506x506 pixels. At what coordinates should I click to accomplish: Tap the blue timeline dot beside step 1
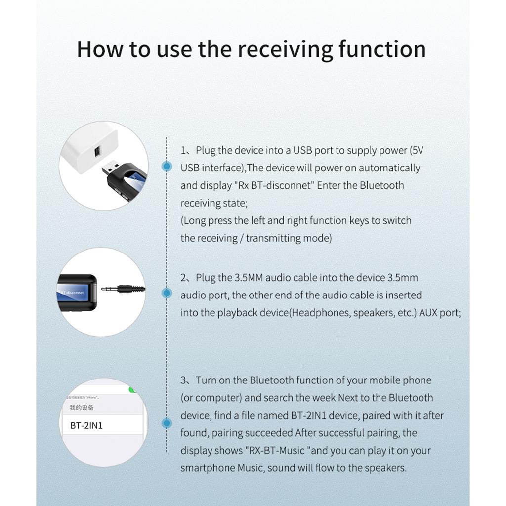pos(167,167)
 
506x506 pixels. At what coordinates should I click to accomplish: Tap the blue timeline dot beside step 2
pos(167,294)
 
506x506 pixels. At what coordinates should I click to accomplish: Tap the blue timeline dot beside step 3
pos(167,423)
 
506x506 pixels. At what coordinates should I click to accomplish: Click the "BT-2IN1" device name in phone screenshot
pos(86,425)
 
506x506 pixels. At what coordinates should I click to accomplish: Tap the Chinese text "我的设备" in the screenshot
pos(82,408)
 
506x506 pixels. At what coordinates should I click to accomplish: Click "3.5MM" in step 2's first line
pos(249,278)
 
